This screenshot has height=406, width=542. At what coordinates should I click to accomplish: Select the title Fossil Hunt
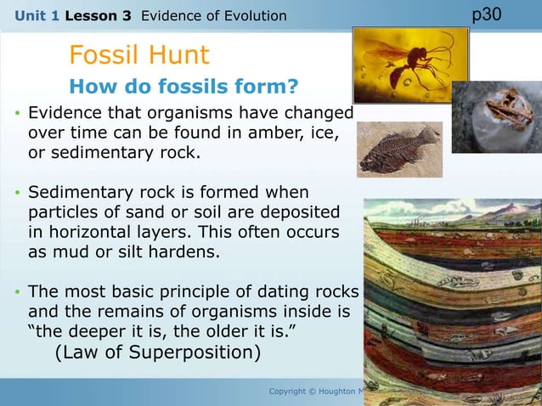pos(138,56)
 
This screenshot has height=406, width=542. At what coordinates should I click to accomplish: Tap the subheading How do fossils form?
pos(183,87)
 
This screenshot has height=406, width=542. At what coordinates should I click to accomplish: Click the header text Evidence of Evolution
pos(213,15)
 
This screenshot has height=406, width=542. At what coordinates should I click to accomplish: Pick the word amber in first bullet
pos(247,134)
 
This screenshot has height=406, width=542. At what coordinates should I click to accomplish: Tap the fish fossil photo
pos(399,150)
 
